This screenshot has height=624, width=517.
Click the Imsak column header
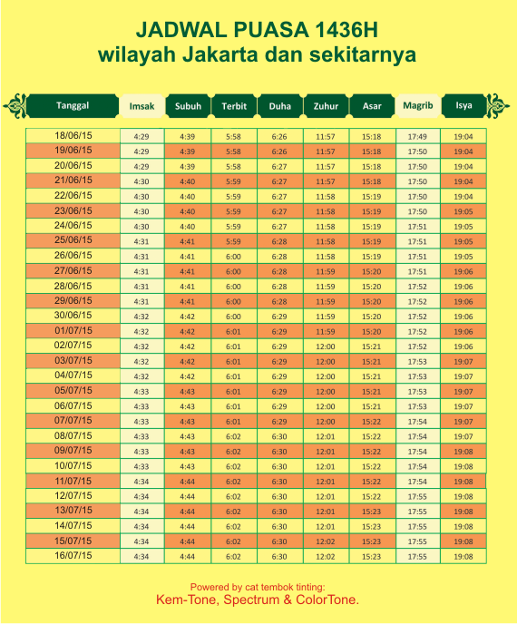[141, 106]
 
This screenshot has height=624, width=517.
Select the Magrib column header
[417, 106]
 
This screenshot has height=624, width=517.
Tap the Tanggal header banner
[73, 105]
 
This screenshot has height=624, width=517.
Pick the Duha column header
[279, 106]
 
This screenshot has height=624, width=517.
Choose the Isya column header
[463, 105]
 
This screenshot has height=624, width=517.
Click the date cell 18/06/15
[73, 136]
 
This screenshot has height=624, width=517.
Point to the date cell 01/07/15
[73, 330]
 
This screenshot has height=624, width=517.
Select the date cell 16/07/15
[73, 555]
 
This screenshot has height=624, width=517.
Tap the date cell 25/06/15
[73, 241]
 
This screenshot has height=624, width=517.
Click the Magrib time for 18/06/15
[417, 136]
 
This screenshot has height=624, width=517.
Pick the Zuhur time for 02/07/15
[325, 346]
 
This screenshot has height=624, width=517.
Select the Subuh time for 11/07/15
[187, 481]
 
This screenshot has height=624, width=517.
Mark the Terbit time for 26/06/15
[233, 256]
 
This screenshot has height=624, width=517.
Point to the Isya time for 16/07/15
[463, 556]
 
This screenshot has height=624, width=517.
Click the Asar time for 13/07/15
[371, 511]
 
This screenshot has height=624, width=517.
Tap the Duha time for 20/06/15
[279, 166]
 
